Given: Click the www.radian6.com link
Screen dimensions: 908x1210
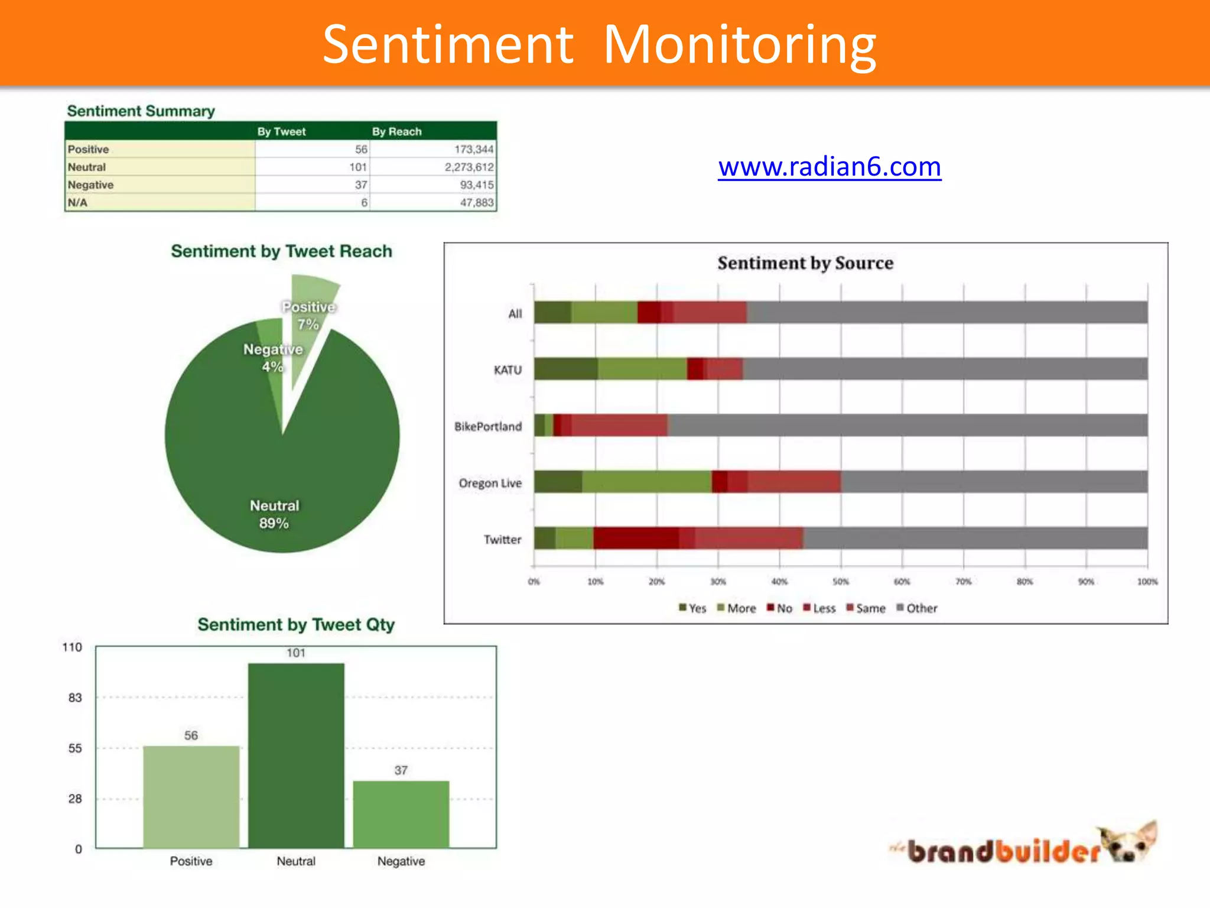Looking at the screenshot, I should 830,167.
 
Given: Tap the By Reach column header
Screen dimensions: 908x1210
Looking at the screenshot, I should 396,131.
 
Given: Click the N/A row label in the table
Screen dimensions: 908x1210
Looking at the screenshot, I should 77,203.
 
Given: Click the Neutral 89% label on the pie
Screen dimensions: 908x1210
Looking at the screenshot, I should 274,514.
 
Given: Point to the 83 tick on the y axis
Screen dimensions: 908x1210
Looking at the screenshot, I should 75,698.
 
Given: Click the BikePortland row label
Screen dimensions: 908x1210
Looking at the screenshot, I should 488,427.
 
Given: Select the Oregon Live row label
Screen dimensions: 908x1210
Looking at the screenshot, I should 490,484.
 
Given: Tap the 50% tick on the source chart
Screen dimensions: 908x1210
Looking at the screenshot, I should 841,582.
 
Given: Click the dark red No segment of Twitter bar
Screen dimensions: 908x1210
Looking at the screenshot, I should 636,539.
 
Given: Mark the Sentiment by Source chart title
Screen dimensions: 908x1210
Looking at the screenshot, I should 805,263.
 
